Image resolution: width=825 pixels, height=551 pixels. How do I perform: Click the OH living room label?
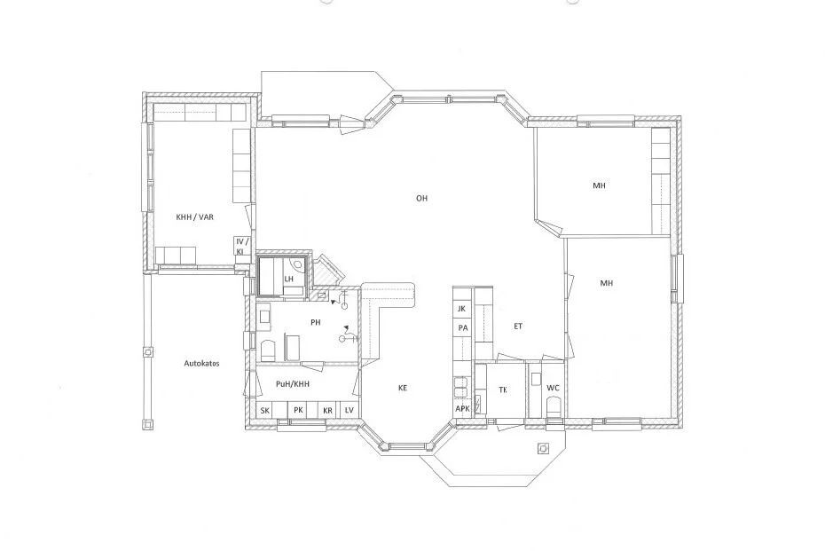pyautogui.click(x=421, y=199)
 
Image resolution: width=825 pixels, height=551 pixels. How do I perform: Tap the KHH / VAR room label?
pyautogui.click(x=194, y=216)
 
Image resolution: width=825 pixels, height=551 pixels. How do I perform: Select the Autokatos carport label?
pyautogui.click(x=201, y=363)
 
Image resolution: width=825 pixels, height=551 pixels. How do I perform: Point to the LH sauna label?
pyautogui.click(x=288, y=279)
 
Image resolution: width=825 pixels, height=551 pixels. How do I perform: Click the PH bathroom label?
pyautogui.click(x=315, y=323)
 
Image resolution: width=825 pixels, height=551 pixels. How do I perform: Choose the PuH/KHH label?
pyautogui.click(x=293, y=384)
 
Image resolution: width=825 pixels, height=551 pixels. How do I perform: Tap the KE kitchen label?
pyautogui.click(x=403, y=389)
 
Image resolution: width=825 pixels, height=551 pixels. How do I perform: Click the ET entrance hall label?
pyautogui.click(x=518, y=327)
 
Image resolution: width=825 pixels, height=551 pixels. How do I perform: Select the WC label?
pyautogui.click(x=553, y=389)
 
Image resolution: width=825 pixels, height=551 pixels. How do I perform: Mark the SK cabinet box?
pyautogui.click(x=265, y=411)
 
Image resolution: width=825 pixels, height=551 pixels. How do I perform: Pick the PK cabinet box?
pyautogui.click(x=298, y=411)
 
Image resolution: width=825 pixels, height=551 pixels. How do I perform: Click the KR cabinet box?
pyautogui.click(x=328, y=411)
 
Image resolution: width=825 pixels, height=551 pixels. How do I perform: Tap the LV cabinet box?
pyautogui.click(x=350, y=411)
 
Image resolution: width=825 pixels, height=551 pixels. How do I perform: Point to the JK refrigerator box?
pyautogui.click(x=462, y=310)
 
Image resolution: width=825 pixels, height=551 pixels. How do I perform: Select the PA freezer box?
pyautogui.click(x=462, y=328)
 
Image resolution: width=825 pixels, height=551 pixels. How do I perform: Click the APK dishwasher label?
pyautogui.click(x=462, y=409)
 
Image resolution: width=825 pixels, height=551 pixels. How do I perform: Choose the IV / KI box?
pyautogui.click(x=241, y=247)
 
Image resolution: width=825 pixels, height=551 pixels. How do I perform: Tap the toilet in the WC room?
pyautogui.click(x=554, y=407)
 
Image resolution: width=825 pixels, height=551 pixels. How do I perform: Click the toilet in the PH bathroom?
pyautogui.click(x=268, y=351)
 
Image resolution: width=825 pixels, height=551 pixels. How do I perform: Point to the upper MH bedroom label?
pyautogui.click(x=599, y=185)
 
